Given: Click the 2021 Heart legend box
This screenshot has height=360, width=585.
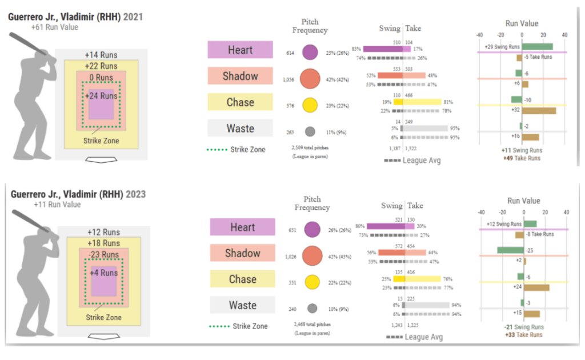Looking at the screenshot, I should coord(240,50).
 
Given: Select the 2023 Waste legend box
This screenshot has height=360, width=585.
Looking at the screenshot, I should coord(242,305).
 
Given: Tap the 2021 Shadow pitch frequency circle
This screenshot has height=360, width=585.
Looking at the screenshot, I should coord(310,79).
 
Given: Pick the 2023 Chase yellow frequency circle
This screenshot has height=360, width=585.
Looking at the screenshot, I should coord(312,282).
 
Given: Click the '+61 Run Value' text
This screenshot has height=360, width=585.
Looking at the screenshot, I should coord(55,27).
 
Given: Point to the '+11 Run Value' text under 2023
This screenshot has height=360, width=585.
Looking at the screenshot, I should coord(57,204).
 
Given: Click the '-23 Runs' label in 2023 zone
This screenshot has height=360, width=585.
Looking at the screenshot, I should coord(103,255).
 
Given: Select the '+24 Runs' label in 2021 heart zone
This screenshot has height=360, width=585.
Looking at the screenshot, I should coord(101,96).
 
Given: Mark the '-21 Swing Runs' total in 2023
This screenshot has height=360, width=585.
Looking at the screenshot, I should coord(524,327).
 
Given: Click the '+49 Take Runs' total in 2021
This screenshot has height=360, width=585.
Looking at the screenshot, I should coord(522,158).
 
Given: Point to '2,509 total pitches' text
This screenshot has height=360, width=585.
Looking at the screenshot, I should coord(309,148).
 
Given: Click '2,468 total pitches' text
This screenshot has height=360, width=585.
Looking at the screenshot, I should coord(311,325).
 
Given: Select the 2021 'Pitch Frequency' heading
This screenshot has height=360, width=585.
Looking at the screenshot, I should coord(310,26).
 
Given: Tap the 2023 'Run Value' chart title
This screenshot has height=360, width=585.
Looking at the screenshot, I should coord(523,201).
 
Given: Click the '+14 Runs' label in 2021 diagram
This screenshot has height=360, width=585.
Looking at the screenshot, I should coord(101,55).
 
